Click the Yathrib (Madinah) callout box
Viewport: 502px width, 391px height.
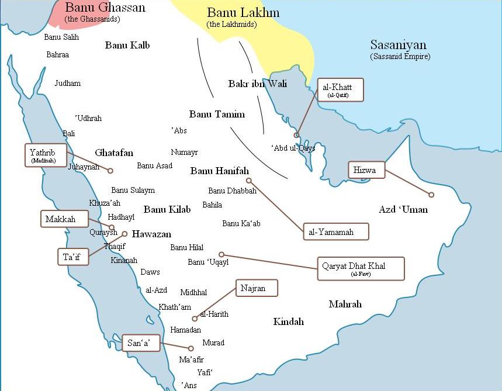(46, 155)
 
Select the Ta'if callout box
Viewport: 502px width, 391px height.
(73, 257)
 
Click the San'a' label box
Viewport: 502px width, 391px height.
(141, 343)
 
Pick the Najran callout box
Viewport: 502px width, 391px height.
(256, 288)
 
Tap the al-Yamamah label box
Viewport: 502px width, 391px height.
(336, 231)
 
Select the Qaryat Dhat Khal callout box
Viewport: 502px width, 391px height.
(361, 268)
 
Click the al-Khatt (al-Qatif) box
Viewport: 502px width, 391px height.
(340, 89)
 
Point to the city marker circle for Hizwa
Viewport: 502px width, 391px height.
(431, 195)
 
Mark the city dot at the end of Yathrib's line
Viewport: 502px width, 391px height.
(110, 171)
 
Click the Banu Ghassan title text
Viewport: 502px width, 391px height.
(105, 8)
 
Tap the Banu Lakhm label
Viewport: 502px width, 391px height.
(243, 13)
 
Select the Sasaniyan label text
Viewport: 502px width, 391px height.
(398, 45)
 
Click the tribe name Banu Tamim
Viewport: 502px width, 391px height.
(217, 115)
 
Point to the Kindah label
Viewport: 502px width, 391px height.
(288, 322)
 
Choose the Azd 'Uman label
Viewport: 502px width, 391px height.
(403, 210)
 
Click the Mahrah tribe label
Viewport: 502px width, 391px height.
(345, 305)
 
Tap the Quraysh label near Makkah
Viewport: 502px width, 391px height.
(103, 233)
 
